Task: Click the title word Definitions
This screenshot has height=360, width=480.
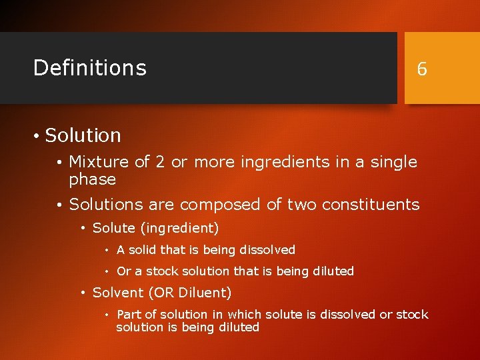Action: [x=89, y=67]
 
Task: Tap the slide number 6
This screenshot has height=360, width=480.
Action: [x=421, y=69]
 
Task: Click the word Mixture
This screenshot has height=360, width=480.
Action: [x=99, y=162]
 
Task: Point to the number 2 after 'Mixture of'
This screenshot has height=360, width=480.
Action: [x=159, y=162]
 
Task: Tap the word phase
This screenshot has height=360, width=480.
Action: [x=92, y=180]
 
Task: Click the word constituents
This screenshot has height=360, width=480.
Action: [x=372, y=205]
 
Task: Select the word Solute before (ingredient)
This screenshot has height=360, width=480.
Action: [x=114, y=228]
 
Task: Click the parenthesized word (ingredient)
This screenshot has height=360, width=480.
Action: [x=179, y=229]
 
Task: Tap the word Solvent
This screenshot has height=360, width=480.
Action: [x=118, y=293]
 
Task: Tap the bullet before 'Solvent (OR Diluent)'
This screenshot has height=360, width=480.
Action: [x=83, y=293]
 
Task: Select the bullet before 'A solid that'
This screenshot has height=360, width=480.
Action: [x=107, y=251]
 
